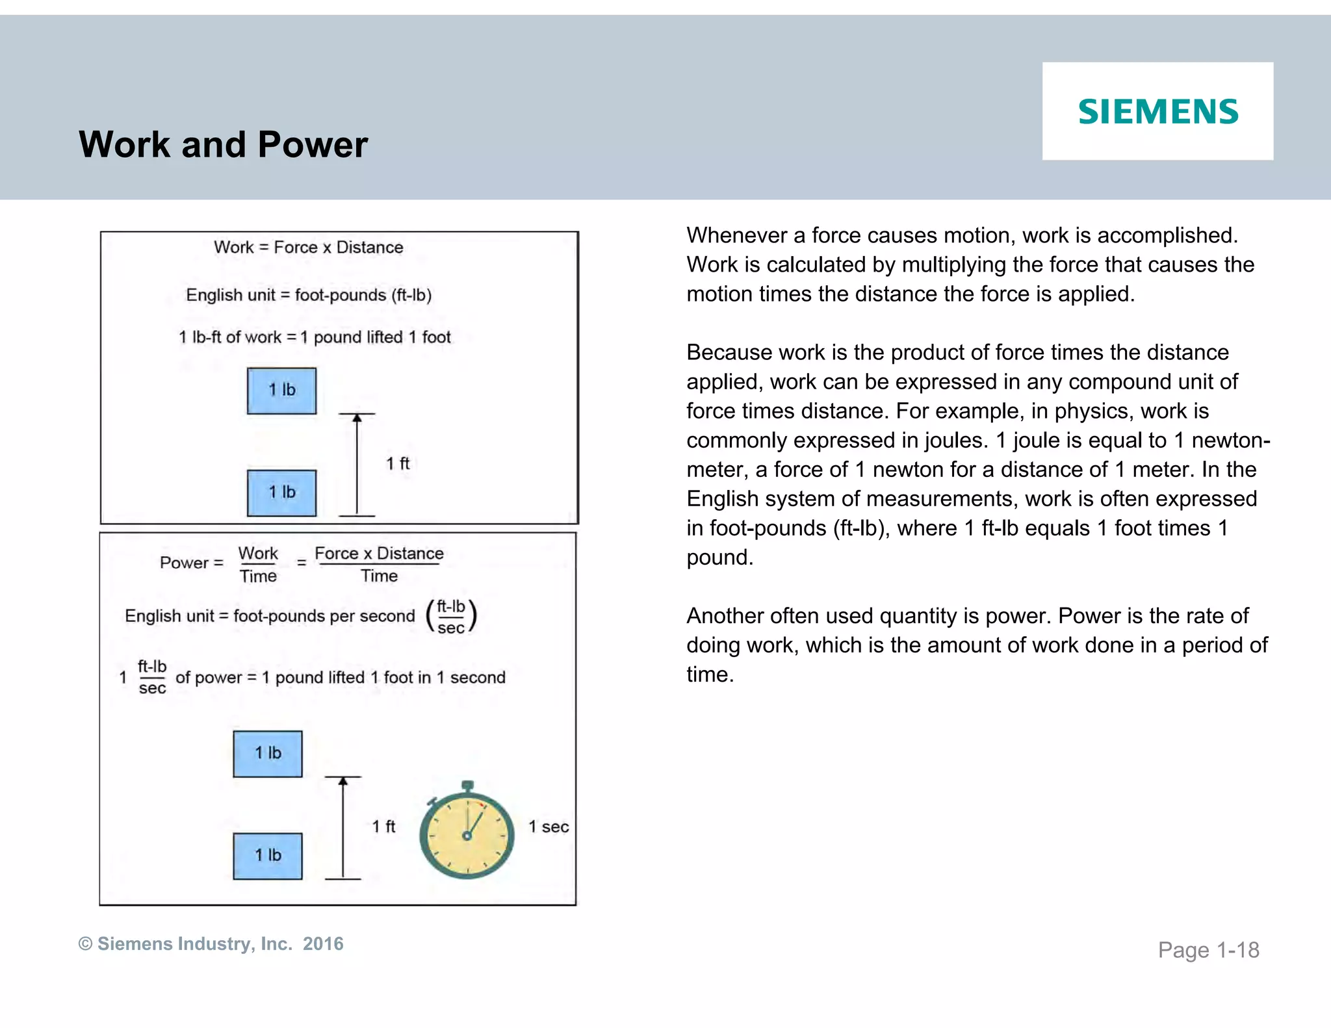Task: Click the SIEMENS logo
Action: (x=1157, y=111)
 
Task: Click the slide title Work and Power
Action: (x=223, y=144)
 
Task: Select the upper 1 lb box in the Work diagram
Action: (x=281, y=391)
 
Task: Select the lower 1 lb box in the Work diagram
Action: (x=281, y=493)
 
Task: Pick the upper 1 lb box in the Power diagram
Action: (x=268, y=754)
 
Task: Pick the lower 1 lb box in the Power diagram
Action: (x=268, y=856)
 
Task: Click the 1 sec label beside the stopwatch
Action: (x=549, y=827)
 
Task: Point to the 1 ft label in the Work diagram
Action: (x=398, y=463)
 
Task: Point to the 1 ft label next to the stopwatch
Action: (x=383, y=826)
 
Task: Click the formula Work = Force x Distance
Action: (x=308, y=248)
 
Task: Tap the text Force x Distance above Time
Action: (x=379, y=554)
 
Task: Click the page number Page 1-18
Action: (x=1208, y=950)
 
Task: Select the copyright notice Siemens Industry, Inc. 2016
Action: (x=211, y=944)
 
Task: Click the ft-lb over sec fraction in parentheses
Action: (x=451, y=617)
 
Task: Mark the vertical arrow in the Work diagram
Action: (x=357, y=464)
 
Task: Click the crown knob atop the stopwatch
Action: (x=467, y=786)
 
